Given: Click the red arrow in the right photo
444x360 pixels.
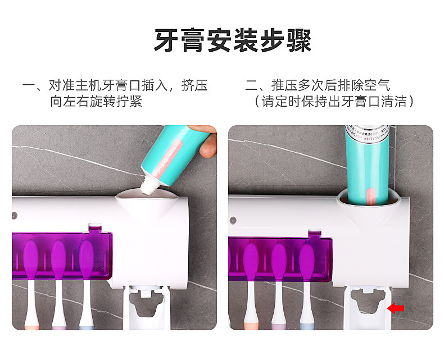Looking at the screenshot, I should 397,307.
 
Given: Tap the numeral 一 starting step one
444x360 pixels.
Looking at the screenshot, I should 28,86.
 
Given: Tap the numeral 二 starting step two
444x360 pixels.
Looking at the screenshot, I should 251,86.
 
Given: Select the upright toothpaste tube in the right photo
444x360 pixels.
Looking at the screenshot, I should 367,163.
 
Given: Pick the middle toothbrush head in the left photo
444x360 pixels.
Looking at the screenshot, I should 58,258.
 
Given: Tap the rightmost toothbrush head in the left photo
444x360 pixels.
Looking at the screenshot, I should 86,258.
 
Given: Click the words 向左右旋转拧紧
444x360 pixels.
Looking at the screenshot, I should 96,102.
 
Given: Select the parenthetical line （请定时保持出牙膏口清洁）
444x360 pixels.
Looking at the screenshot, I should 334,102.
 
